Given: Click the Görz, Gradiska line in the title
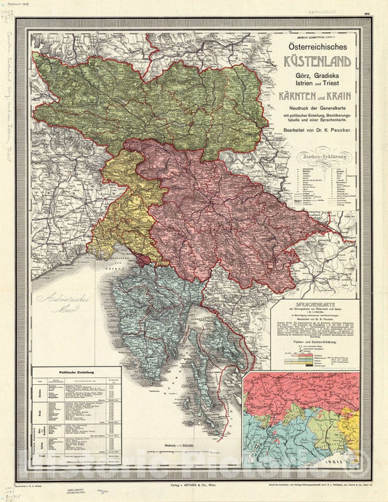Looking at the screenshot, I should pyautogui.click(x=314, y=76).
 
